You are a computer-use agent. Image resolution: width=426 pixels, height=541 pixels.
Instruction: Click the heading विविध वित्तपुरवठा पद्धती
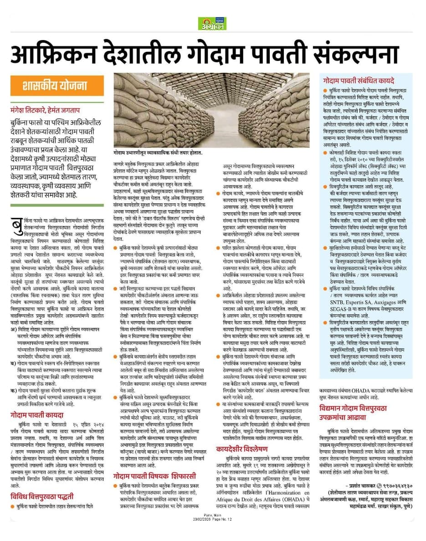tap(42, 496)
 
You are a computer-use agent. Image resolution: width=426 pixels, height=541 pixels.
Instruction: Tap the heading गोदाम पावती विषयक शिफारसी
tap(155, 476)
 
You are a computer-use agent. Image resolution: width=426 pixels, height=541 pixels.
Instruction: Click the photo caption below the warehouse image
tap(157, 154)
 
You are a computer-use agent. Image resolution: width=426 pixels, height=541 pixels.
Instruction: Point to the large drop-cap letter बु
tap(17, 225)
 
